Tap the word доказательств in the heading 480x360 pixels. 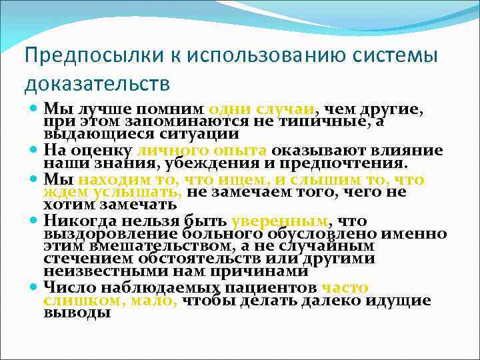coord(97,84)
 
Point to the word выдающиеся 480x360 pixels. coord(83,134)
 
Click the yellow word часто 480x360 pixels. coord(344,288)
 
